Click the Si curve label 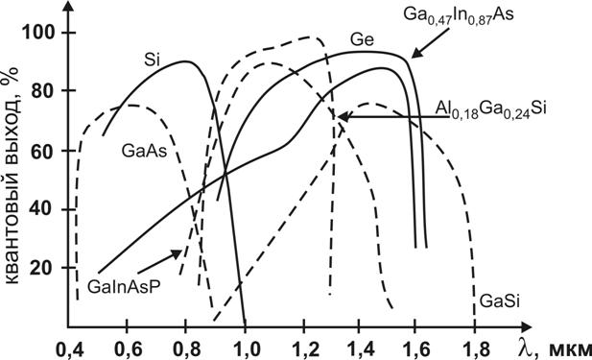pos(153,60)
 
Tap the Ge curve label pos(362,39)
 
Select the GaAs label pos(144,151)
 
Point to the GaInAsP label pos(124,286)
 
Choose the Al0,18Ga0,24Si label pos(491,110)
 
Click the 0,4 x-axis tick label pos(69,349)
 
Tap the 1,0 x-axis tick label pos(246,349)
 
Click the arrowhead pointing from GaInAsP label pos(178,253)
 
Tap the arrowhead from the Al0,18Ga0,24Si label pos(343,116)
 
